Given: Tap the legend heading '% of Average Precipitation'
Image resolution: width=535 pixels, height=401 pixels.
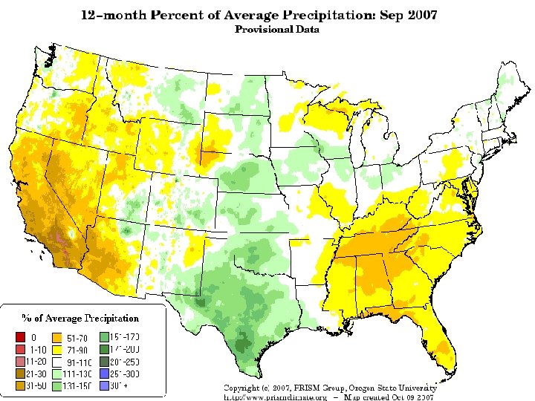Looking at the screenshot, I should coord(80,318).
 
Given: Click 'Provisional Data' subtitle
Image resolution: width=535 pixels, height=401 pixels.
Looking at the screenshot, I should coord(277,30).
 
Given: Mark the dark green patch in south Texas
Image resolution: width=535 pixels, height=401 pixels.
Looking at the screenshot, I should coord(242,343).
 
